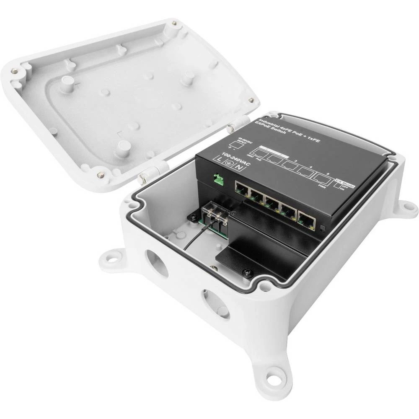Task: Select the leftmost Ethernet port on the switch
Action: pos(243,189)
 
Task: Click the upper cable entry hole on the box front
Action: pos(158,263)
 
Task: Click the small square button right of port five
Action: pos(321,229)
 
